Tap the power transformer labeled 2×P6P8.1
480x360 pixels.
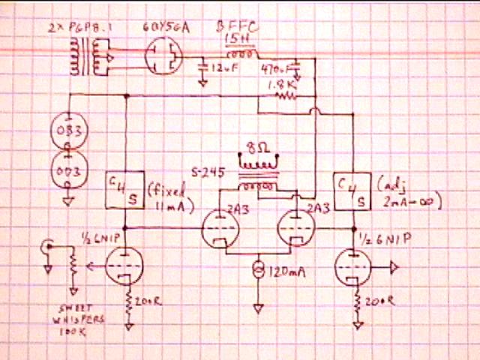click(x=85, y=57)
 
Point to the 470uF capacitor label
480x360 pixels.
click(x=274, y=69)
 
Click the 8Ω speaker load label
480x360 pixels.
click(x=255, y=145)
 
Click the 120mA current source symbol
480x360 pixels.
click(x=259, y=268)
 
